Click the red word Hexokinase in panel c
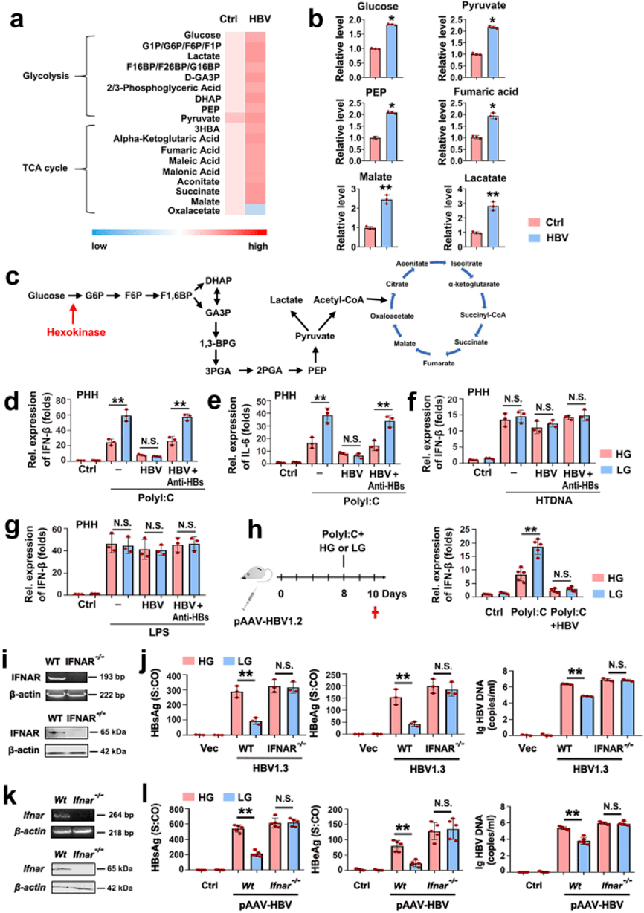[76, 332]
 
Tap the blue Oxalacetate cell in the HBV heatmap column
[256, 209]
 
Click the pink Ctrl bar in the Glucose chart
[375, 62]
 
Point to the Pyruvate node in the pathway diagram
[315, 337]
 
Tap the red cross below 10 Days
[375, 612]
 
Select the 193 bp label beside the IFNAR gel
[112, 677]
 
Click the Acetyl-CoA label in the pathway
[338, 300]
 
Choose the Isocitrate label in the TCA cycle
[466, 263]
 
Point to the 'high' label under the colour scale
[258, 246]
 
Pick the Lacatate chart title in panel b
[485, 178]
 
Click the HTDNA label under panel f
[553, 500]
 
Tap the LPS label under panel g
[158, 632]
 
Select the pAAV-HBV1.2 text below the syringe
[268, 622]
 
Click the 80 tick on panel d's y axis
[60, 400]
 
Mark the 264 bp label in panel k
[120, 815]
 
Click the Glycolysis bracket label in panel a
[45, 76]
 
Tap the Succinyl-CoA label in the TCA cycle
[483, 315]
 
